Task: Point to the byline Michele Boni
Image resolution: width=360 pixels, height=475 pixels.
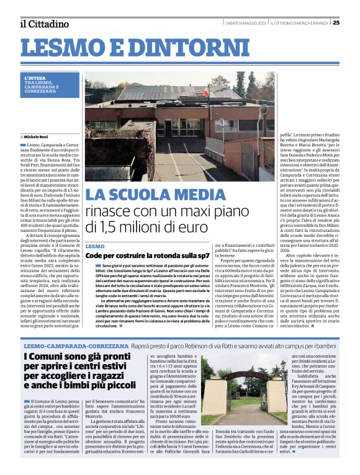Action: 38,136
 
